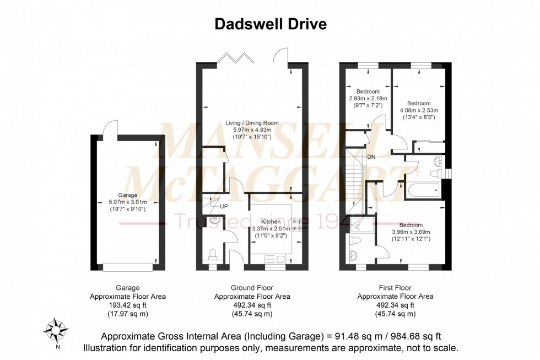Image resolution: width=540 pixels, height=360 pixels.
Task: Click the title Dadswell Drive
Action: click(x=270, y=24)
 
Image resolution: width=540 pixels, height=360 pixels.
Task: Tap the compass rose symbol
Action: click(x=56, y=330)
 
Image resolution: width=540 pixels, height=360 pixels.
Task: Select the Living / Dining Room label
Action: click(x=252, y=123)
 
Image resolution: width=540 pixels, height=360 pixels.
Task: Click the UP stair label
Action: click(x=224, y=206)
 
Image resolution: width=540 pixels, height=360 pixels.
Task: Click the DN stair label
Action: click(x=372, y=157)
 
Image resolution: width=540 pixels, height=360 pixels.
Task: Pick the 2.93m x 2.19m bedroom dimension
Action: click(x=368, y=98)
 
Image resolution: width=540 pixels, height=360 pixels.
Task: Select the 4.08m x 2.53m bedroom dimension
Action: click(x=419, y=110)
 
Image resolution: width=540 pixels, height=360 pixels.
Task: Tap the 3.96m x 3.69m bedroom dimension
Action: click(x=411, y=232)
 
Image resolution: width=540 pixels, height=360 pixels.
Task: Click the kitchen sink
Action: click(x=274, y=258)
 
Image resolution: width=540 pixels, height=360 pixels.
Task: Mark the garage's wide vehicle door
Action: click(x=127, y=267)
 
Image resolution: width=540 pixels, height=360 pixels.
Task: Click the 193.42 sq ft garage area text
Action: click(x=127, y=305)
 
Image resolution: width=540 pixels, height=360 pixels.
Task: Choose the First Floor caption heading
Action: click(x=395, y=287)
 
